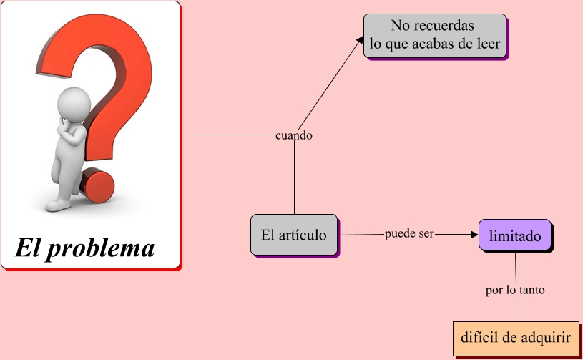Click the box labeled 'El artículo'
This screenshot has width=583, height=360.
tap(294, 235)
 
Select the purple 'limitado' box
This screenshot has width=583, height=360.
tap(515, 235)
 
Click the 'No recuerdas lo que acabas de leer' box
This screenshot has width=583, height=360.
tap(435, 35)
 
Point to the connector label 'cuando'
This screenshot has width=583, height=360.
tap(294, 135)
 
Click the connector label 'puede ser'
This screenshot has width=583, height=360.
tap(409, 234)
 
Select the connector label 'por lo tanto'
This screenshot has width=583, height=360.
tap(516, 291)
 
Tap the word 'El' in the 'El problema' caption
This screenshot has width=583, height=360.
tap(29, 248)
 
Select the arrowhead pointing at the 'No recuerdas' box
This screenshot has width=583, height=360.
tap(360, 40)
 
